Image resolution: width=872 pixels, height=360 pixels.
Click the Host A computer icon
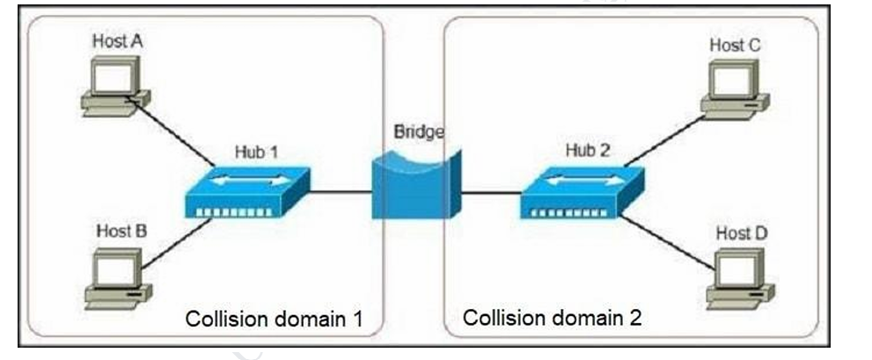point(115,84)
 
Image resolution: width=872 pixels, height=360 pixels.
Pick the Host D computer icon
point(743,278)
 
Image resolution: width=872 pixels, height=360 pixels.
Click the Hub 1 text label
point(256,151)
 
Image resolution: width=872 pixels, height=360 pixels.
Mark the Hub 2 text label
point(586,151)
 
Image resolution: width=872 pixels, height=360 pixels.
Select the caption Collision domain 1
point(274,318)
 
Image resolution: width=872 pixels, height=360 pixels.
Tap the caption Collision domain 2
point(553,317)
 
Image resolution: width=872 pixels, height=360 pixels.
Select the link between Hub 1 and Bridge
point(340,191)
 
